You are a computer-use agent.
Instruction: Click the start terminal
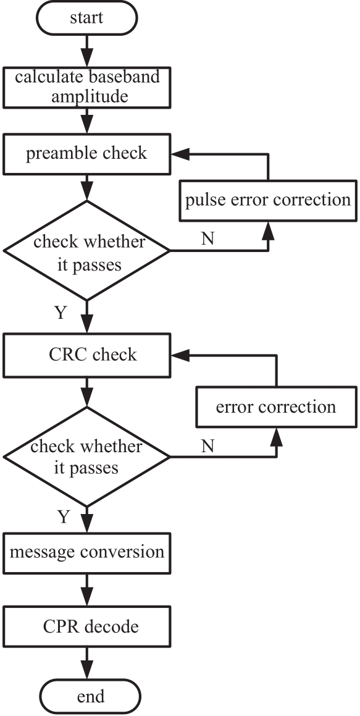tap(86, 17)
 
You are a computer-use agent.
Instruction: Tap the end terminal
tap(91, 697)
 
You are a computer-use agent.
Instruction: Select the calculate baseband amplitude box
tap(86, 88)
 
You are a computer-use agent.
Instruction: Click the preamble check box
tap(86, 154)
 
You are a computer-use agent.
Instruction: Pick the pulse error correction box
tap(267, 201)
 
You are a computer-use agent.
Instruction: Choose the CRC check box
tap(86, 355)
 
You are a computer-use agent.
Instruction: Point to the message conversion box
tap(86, 552)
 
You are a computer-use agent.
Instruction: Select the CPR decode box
tap(86, 626)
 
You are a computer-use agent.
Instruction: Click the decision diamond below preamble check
tap(86, 251)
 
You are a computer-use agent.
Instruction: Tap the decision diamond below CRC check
tap(86, 457)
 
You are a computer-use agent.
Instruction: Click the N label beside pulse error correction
tap(207, 239)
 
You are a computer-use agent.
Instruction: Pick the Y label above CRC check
tap(61, 313)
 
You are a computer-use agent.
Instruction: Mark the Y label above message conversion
tap(63, 517)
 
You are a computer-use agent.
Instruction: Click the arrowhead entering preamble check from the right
tap(180, 154)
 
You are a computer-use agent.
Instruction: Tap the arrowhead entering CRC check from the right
tap(180, 355)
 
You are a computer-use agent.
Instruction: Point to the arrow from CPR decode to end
tap(86, 663)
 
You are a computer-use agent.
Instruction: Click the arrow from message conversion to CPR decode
tap(86, 590)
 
